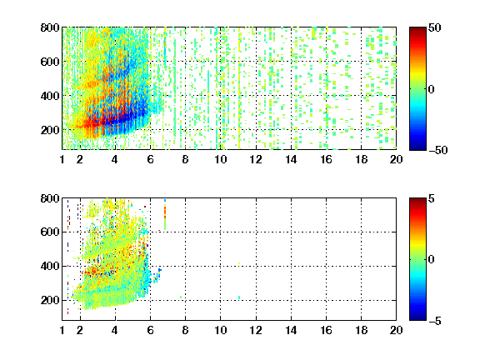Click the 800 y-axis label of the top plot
(50, 27)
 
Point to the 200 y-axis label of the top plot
(50, 130)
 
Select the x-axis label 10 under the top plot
(220, 159)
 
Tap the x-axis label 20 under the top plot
(396, 159)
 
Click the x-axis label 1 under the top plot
(62, 159)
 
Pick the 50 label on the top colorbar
(435, 27)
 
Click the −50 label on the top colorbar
(438, 150)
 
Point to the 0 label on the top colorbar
(432, 89)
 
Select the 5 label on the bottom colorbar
(432, 198)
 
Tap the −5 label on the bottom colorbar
(435, 321)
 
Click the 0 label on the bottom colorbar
(432, 260)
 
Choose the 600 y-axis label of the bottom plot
(50, 232)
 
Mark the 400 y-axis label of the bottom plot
(50, 266)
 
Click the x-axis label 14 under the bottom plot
(291, 330)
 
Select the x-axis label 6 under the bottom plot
(150, 330)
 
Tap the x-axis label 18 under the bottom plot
(361, 330)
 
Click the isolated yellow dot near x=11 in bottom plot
(239, 263)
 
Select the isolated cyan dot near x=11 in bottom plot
(239, 297)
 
